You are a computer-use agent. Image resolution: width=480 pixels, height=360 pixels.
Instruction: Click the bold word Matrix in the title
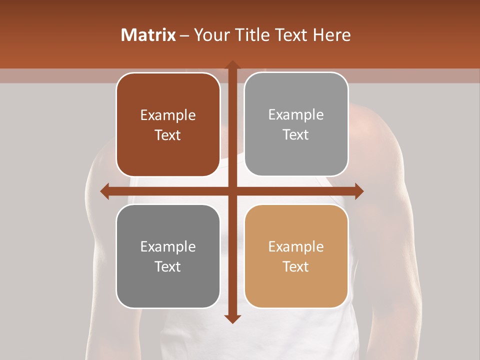click(148, 35)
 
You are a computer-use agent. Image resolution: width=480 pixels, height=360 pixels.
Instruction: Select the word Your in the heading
click(210, 35)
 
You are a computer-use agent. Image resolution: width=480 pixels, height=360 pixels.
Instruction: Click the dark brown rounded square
click(168, 124)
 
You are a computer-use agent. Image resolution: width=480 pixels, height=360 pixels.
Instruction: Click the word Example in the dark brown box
click(168, 115)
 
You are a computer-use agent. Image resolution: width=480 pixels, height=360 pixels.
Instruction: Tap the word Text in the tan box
click(296, 266)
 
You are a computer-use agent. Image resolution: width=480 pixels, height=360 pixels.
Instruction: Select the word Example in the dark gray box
click(168, 247)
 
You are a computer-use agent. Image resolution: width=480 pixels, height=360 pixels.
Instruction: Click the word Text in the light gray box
click(296, 135)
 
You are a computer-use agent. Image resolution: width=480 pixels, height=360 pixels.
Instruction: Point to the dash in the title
click(184, 35)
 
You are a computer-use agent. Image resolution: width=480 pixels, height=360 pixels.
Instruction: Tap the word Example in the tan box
click(296, 247)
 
